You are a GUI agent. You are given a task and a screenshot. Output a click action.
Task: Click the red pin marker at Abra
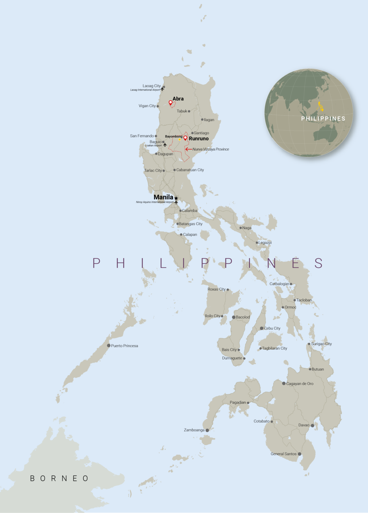171,103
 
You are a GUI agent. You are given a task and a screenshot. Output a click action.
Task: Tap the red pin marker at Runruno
185,138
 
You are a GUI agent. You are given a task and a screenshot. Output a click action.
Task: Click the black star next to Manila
176,198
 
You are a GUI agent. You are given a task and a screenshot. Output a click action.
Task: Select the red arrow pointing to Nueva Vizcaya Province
189,149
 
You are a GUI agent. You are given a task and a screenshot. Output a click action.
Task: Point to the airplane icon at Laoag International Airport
162,89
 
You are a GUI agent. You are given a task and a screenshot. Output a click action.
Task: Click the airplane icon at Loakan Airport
165,145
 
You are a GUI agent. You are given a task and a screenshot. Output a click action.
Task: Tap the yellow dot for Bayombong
180,140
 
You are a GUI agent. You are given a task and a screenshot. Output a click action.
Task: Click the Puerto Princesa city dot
109,345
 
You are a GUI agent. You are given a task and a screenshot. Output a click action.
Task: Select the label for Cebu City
272,328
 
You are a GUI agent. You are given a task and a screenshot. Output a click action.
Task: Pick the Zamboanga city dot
207,430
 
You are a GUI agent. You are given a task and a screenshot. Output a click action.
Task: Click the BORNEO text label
59,478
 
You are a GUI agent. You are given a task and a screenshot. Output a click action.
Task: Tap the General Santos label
284,454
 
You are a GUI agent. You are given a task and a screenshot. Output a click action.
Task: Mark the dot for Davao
312,425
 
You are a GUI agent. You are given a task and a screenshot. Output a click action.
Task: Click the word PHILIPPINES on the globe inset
323,119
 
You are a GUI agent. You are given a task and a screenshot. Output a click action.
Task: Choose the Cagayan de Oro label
300,384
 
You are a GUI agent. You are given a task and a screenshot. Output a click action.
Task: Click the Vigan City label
147,106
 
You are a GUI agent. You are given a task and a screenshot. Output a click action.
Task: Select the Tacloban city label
304,300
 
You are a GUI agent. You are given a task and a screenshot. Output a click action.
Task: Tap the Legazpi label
265,242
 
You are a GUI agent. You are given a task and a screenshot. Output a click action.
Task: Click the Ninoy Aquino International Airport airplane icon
176,202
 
